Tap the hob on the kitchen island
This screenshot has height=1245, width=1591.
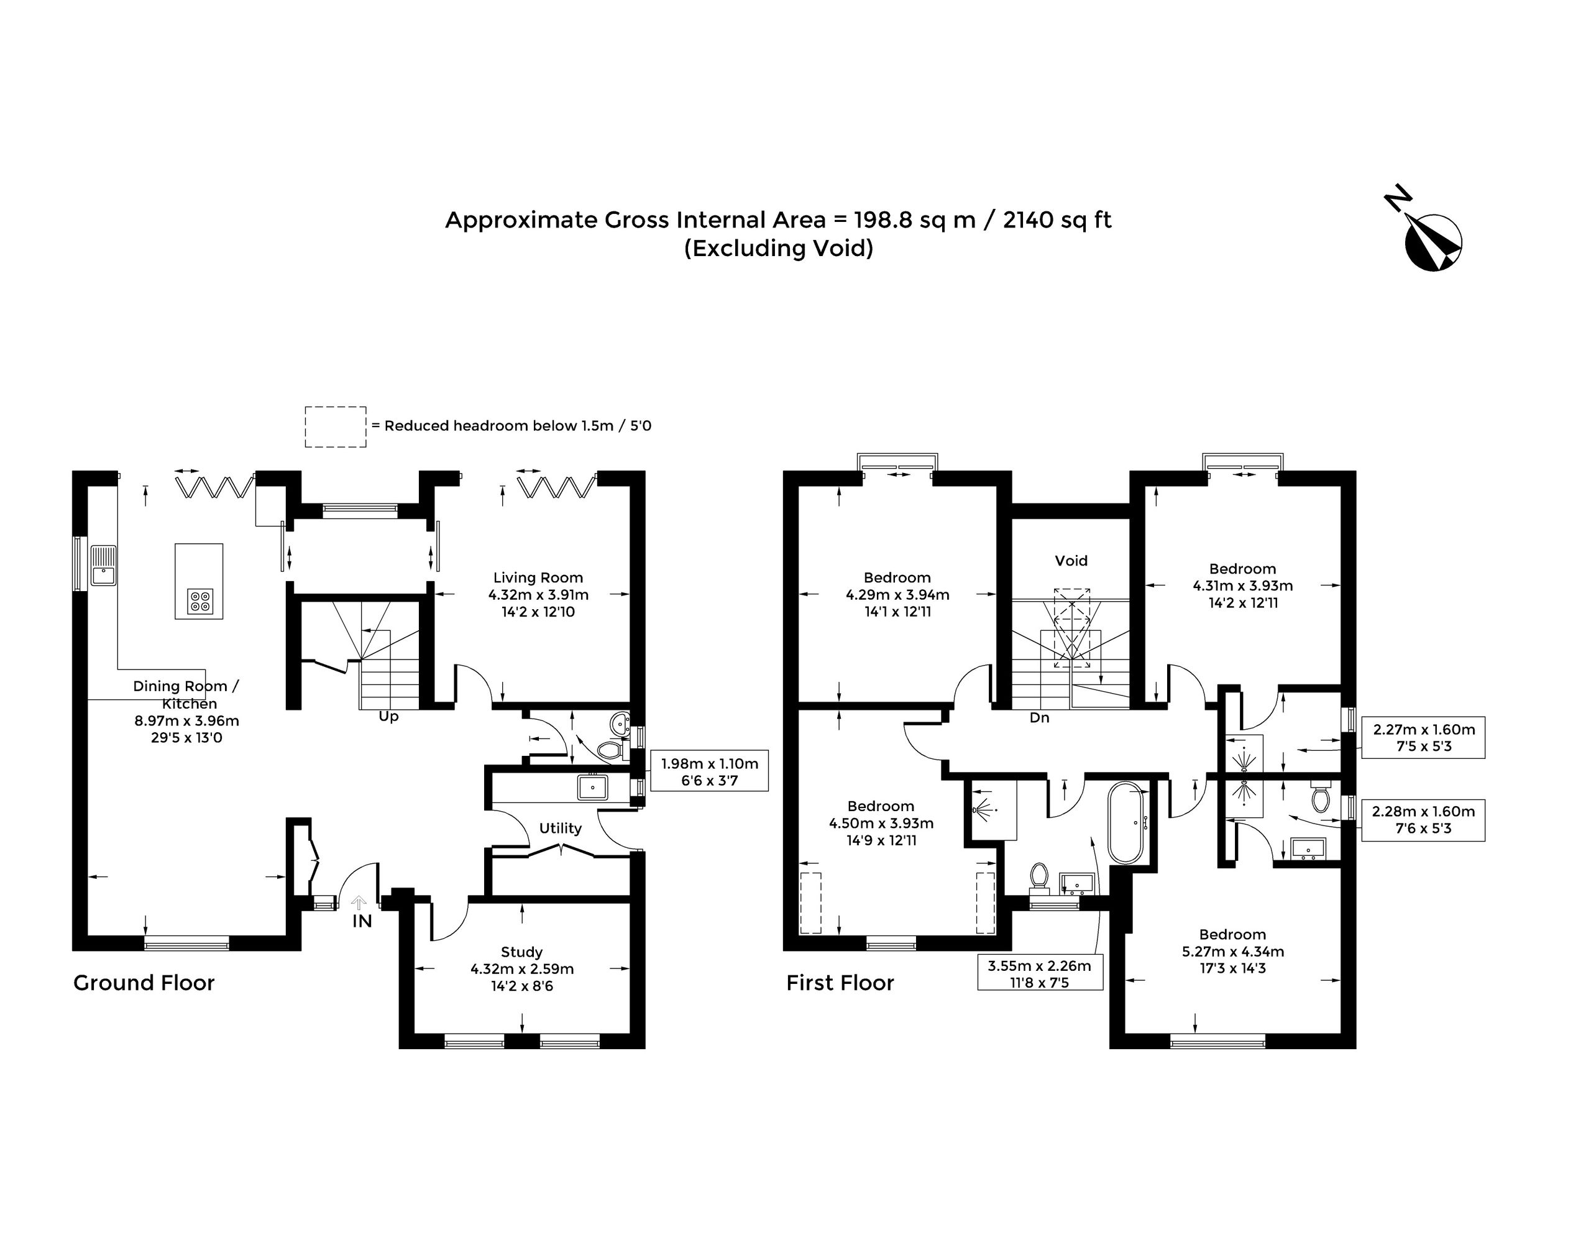coord(199,601)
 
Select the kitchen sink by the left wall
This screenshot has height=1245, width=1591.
coord(104,565)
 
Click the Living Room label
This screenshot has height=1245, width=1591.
coord(538,578)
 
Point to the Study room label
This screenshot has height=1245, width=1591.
coord(522,952)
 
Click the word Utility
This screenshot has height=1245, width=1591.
coord(561,828)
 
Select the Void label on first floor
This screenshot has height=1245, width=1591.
coord(1071,561)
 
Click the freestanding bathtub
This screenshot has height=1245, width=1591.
coord(1127,823)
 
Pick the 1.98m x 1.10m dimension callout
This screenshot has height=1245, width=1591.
coord(709,771)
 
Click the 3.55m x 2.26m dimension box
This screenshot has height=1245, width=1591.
coord(1039,973)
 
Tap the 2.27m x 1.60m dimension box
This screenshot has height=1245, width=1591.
coord(1423,737)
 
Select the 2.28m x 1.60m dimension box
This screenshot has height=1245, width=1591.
coord(1423,820)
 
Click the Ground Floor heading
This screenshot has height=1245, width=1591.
coord(144,983)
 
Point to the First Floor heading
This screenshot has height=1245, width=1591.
coord(840,983)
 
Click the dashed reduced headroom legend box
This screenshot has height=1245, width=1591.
coord(335,426)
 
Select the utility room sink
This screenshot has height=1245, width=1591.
coord(592,788)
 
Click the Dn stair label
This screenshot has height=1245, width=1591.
coord(1039,717)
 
